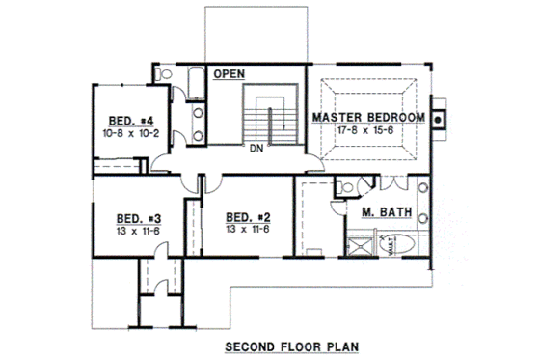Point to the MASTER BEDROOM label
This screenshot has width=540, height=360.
(x=368, y=118)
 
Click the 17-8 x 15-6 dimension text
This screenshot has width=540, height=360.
(x=367, y=130)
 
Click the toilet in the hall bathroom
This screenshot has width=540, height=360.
(x=163, y=73)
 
